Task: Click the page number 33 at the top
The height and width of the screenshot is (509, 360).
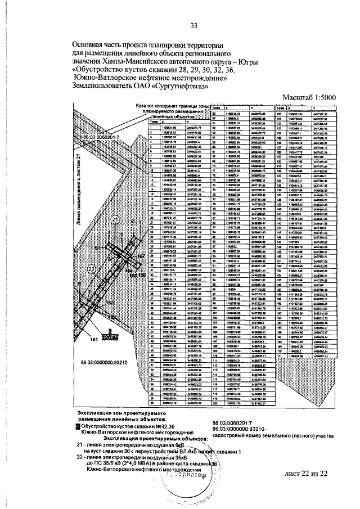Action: click(194, 25)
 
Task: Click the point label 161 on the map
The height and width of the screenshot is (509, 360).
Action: click(94, 339)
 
